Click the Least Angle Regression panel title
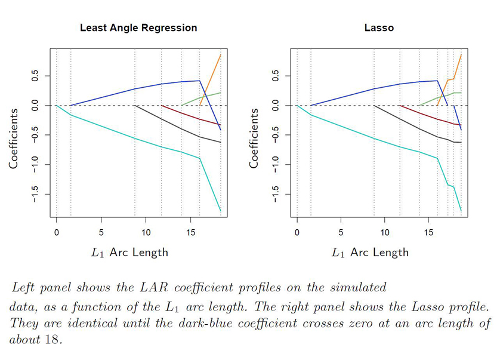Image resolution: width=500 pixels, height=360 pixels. pos(138,27)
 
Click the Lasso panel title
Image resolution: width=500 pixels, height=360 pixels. pos(379,27)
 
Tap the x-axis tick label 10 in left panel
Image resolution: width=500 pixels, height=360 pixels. pos(146,232)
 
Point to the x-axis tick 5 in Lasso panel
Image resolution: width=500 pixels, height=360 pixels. pos(341,232)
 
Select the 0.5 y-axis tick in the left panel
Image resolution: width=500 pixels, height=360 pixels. pos(34,76)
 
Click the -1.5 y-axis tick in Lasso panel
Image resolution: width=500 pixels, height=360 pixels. pos(275,194)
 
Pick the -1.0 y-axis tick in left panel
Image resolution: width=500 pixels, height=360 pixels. pos(34,164)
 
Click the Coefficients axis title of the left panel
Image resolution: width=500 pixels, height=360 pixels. pos(14,137)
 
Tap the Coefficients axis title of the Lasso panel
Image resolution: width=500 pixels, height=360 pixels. pos(255,137)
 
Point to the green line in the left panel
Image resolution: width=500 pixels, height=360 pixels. pos(203,98)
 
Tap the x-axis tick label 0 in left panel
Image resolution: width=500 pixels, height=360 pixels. pos(57,232)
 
